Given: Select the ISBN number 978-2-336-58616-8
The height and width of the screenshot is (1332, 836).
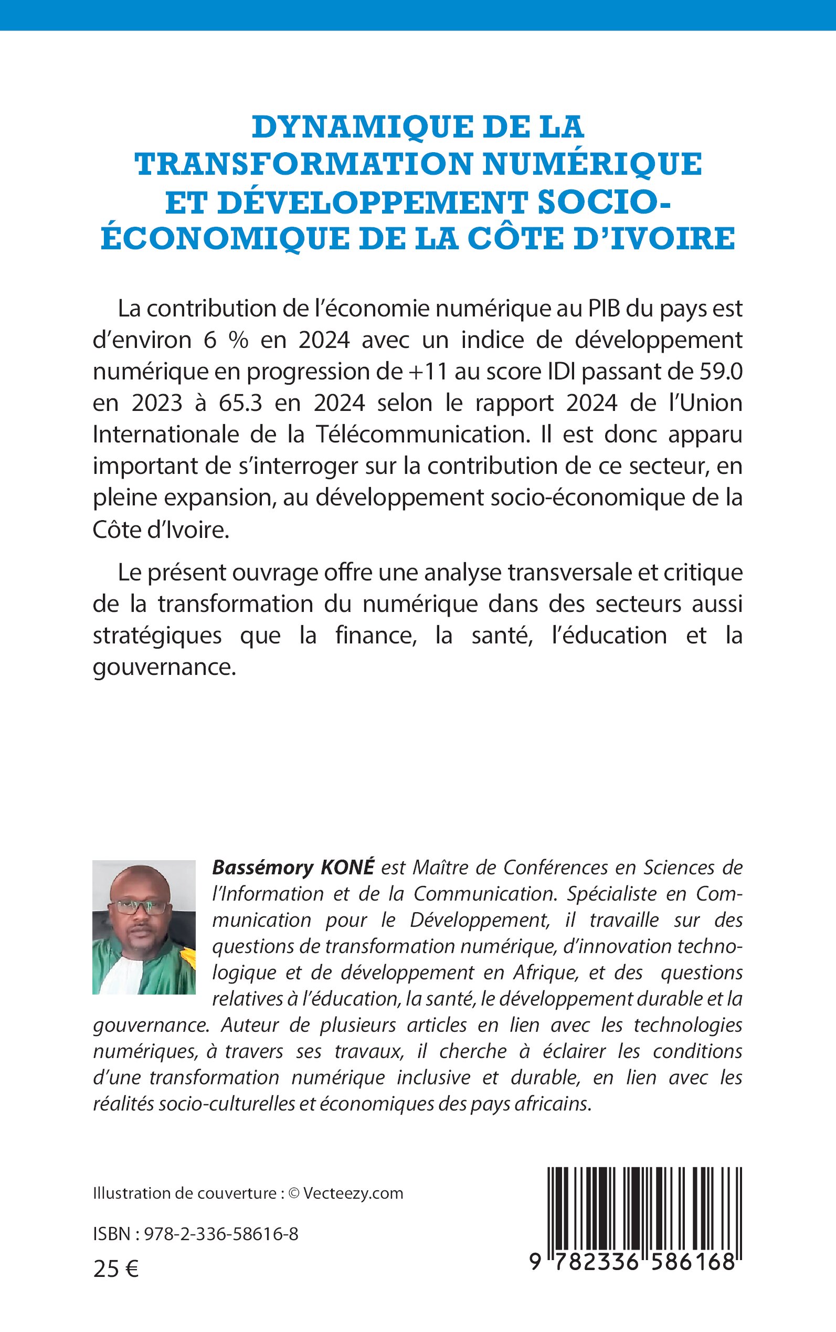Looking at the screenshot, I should point(220,1234).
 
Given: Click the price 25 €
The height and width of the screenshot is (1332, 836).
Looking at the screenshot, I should point(115,1270).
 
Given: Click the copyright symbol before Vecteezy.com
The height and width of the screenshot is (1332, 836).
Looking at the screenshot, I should point(293,1193).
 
